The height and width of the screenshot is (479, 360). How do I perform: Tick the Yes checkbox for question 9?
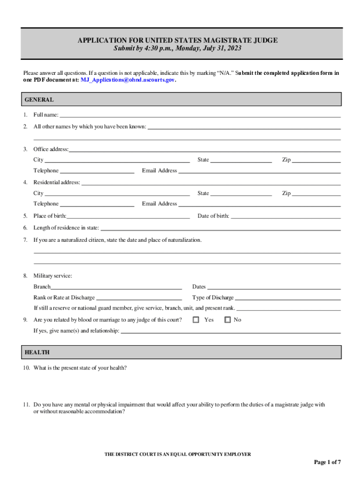(x=196, y=320)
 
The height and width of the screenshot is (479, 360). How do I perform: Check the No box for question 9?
(x=228, y=320)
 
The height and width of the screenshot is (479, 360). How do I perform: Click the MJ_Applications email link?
(x=128, y=80)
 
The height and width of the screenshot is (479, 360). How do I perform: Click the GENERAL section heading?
(x=39, y=100)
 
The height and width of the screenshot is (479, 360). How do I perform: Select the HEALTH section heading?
(x=37, y=352)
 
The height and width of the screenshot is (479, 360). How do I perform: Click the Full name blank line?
(x=200, y=116)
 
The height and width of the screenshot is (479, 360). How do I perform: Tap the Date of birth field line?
(x=286, y=217)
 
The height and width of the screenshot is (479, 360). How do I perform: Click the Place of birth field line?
(x=128, y=217)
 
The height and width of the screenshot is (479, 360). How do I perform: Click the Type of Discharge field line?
(x=288, y=298)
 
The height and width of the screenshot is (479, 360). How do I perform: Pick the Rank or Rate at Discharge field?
(x=139, y=298)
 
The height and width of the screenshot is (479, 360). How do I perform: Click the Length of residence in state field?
(x=221, y=229)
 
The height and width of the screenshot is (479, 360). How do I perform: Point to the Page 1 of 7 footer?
(x=327, y=462)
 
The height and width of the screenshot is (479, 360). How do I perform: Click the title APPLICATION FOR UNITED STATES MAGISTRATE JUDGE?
(x=178, y=41)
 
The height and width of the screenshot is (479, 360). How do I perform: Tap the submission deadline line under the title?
(x=178, y=49)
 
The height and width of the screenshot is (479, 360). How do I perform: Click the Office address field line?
(x=205, y=150)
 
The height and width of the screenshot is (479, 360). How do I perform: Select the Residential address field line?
(x=211, y=183)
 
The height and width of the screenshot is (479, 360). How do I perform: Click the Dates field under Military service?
(x=274, y=288)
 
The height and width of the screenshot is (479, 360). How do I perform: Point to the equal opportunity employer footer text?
(x=178, y=454)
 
